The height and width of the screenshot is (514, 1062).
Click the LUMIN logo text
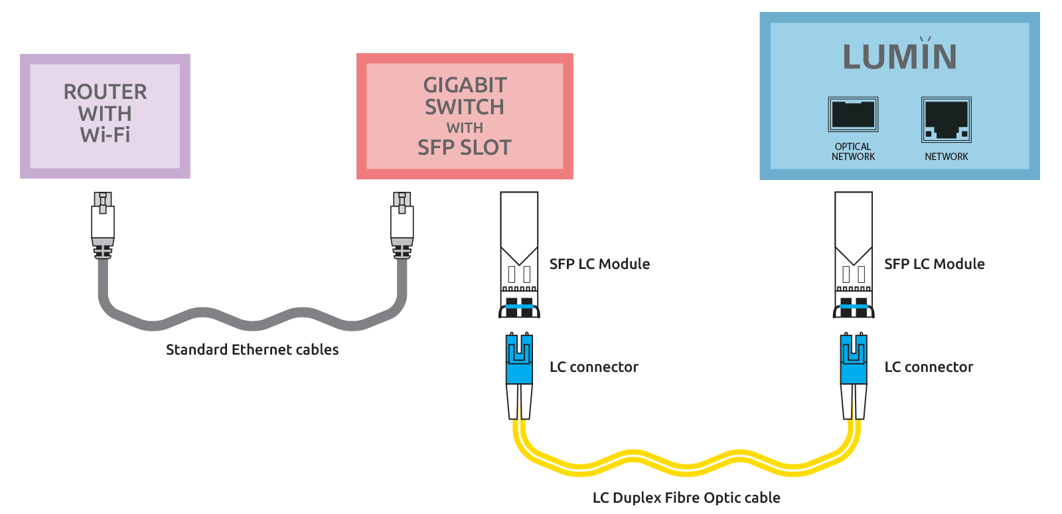899,56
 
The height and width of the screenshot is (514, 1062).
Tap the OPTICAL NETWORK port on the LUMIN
853,114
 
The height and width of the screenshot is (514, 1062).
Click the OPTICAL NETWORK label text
853,151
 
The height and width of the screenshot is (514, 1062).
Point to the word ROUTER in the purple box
105,92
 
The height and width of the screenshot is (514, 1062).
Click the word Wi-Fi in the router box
105,135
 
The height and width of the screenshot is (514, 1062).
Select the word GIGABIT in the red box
465,85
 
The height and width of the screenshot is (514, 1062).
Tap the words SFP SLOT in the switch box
465,147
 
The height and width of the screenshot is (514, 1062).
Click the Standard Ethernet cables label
252,349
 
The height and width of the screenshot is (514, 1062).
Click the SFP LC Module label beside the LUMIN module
934,264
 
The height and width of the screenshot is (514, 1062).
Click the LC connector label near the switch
593,367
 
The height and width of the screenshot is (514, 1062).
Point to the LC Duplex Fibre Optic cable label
686,497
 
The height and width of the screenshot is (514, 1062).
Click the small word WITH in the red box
465,128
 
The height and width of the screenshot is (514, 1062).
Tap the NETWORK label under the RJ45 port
947,157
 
